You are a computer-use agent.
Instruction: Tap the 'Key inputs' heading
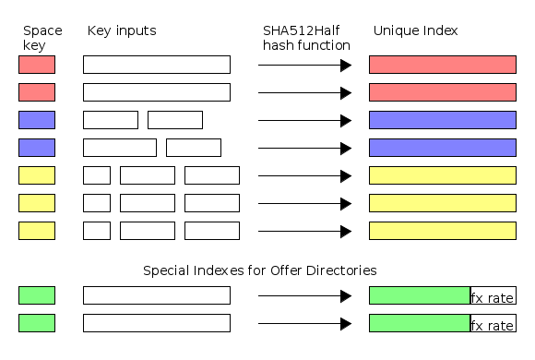[122, 30]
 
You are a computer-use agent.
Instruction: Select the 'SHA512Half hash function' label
[306, 38]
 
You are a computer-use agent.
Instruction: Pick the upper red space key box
[37, 65]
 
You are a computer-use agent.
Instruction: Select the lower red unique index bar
[442, 92]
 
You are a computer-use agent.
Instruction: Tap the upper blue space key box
[37, 120]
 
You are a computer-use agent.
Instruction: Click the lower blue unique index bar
[442, 148]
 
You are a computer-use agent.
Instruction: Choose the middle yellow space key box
[37, 203]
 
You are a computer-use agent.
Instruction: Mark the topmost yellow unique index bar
[442, 175]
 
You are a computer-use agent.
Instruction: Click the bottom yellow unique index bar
[442, 231]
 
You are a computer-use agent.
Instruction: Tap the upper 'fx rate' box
[493, 296]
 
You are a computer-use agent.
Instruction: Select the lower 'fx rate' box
[493, 324]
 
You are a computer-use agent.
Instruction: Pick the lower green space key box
[37, 323]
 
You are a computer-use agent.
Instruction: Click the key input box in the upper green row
[156, 295]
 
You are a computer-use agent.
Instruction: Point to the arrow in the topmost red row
[304, 65]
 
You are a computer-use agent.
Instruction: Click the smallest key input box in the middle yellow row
[97, 203]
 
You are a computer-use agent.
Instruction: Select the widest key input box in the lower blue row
[120, 148]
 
